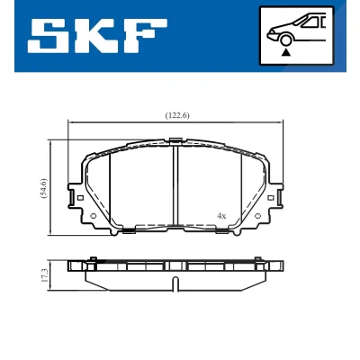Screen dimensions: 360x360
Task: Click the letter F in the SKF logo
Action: [143, 36]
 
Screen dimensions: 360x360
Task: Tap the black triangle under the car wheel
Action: [286, 52]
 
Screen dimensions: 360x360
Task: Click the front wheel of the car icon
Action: [286, 41]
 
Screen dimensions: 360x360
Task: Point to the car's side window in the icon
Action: [311, 22]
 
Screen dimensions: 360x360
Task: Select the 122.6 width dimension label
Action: [177, 116]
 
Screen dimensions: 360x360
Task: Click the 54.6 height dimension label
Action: [44, 188]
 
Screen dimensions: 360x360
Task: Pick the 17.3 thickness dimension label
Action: [44, 275]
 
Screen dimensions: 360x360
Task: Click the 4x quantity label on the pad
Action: [221, 216]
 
